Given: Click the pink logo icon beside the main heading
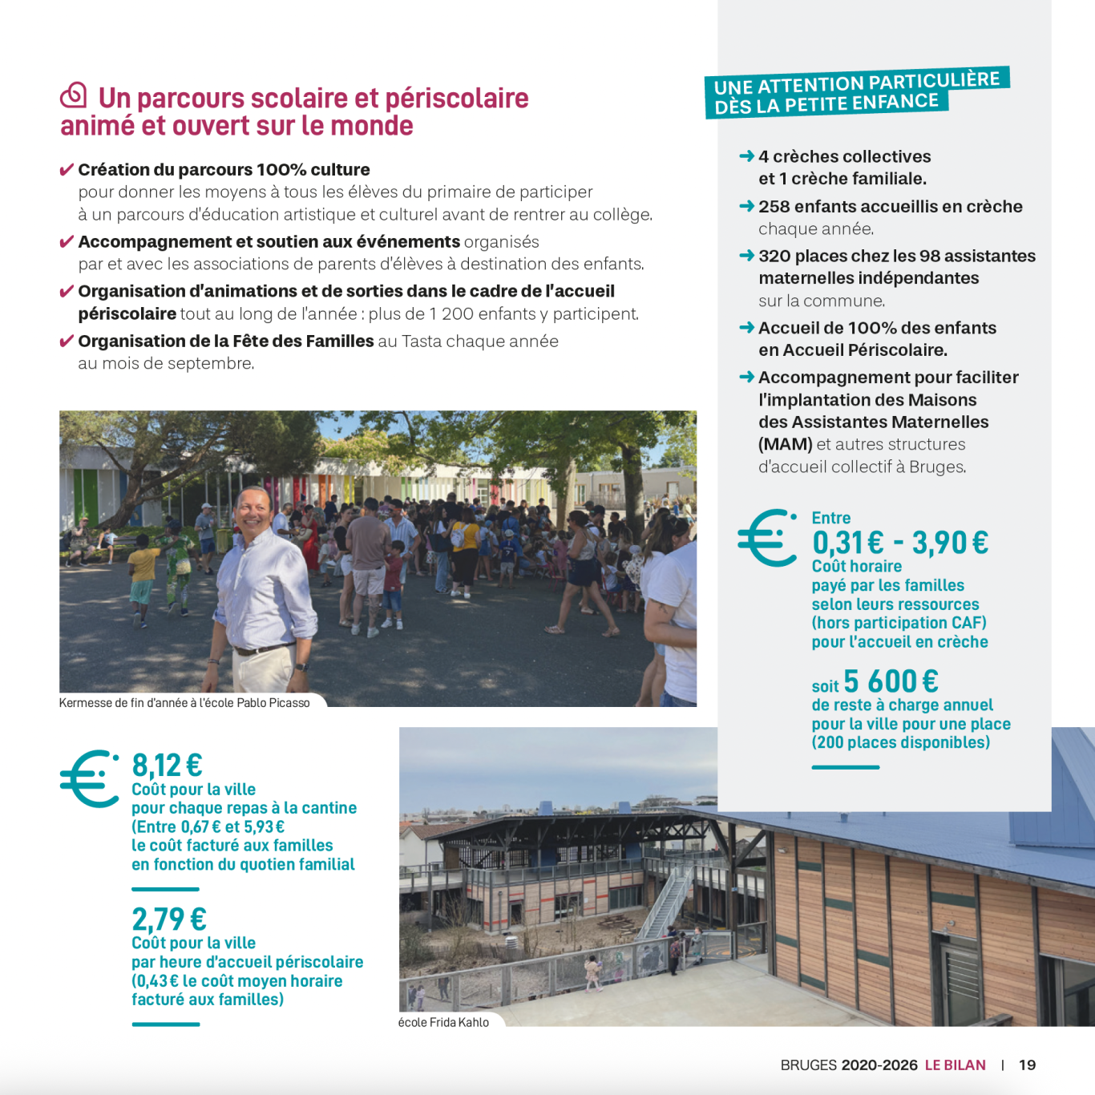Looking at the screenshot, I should point(74,95).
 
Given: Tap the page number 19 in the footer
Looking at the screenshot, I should point(1027,1065).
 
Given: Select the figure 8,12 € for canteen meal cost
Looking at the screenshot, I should point(167,766).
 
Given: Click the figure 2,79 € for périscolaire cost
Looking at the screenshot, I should point(169,919).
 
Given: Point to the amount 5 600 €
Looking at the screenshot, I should point(891,681).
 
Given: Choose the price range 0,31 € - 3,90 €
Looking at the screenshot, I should point(899,543).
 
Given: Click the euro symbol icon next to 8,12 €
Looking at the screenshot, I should point(89,778).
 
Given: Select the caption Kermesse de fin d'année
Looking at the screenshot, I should point(184,703).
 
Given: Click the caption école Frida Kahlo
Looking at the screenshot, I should point(443,1022).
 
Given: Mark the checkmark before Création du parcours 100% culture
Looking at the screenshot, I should point(67,170).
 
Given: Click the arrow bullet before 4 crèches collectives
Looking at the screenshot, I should point(746,156).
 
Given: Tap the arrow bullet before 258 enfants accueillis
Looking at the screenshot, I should point(746,206).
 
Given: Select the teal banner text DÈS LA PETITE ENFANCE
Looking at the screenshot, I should point(826,104).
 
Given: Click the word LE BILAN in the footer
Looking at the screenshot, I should point(955,1065).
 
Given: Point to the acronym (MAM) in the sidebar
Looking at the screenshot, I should point(785,444).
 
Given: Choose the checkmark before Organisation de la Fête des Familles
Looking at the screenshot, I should point(67,341).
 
